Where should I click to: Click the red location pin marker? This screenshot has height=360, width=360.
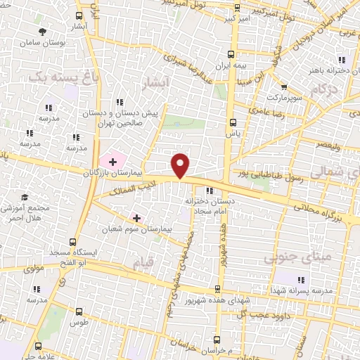(x=181, y=165)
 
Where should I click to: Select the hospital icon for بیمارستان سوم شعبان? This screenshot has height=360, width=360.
(x=136, y=219)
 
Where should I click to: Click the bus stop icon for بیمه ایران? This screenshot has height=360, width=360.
(x=232, y=53)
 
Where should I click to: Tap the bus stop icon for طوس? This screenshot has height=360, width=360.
(x=78, y=311)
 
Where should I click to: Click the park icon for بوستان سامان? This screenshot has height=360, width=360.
(x=43, y=32)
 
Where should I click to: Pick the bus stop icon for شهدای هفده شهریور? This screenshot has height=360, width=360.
(x=219, y=290)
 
